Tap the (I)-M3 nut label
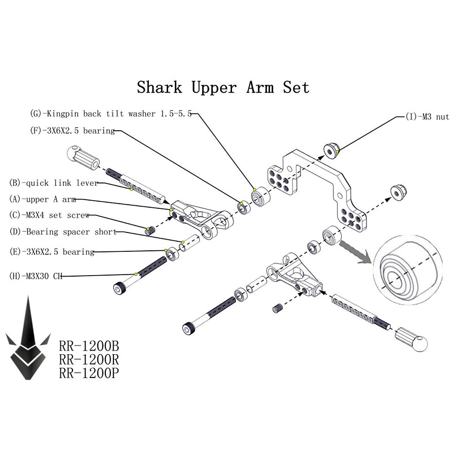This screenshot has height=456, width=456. pos(428,117)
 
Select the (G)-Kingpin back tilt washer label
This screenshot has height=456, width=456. pos(111,114)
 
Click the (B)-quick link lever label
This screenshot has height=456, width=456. pos(53,183)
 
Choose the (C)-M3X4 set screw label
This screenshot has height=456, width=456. pos(50,215)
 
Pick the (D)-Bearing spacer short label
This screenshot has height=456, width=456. pos(63,232)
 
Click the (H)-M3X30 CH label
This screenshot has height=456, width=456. pos(35,276)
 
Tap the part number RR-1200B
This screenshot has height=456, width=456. pos(89,347)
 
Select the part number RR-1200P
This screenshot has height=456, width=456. pos(89,373)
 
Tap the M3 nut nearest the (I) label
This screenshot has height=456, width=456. pos(331,149)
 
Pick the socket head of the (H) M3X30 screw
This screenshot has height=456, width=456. pos(120,288)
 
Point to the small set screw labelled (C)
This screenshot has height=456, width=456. pos(149,231)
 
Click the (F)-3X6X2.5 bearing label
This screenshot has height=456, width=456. pos(72,131)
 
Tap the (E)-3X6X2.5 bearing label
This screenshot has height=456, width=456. pos(52,252)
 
